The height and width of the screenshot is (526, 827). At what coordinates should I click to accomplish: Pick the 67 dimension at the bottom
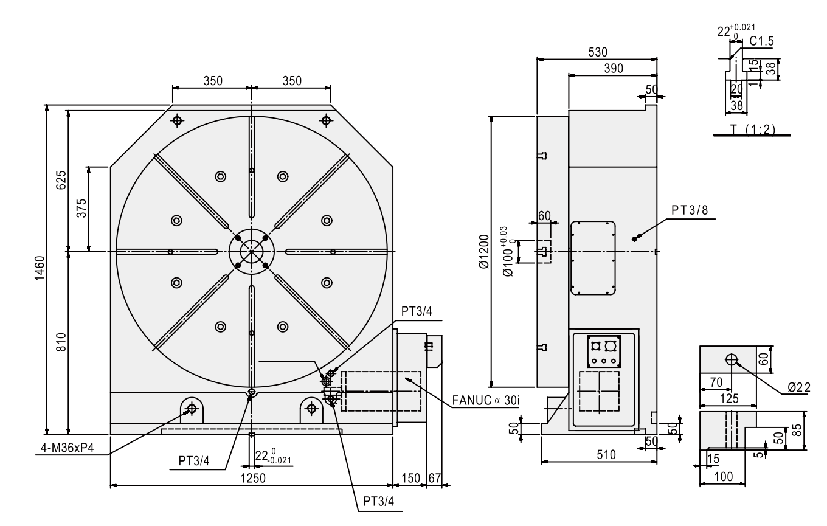(x=434, y=478)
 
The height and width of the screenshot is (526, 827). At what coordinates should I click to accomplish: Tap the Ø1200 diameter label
(x=483, y=251)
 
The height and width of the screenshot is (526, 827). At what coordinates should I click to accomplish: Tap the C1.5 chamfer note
(x=758, y=41)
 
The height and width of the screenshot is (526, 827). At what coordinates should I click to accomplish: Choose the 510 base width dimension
(x=606, y=454)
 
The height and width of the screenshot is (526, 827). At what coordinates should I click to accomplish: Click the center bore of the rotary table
(x=251, y=251)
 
